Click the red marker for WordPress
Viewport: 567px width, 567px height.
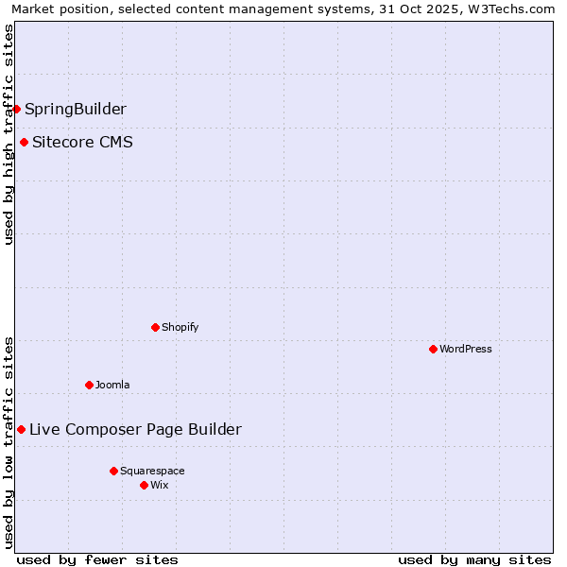433,349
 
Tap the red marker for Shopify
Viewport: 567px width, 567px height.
155,327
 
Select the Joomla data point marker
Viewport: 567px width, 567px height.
89,385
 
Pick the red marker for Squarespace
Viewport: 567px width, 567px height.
113,471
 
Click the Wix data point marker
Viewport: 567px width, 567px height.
144,485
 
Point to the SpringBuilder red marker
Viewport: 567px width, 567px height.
16,109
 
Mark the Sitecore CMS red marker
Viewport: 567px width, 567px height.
24,143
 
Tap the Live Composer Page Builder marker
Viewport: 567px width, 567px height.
21,429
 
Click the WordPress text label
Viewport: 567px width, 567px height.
466,349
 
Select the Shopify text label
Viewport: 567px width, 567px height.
180,327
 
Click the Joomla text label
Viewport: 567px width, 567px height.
112,385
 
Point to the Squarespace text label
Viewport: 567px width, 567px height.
152,471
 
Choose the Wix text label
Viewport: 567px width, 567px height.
160,485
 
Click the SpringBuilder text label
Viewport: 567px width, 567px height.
76,109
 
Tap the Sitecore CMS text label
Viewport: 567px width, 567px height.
82,143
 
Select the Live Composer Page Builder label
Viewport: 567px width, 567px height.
135,429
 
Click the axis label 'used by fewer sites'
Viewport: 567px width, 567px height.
97,559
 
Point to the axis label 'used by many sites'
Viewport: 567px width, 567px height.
474,559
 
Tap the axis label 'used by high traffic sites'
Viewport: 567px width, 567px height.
9,134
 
